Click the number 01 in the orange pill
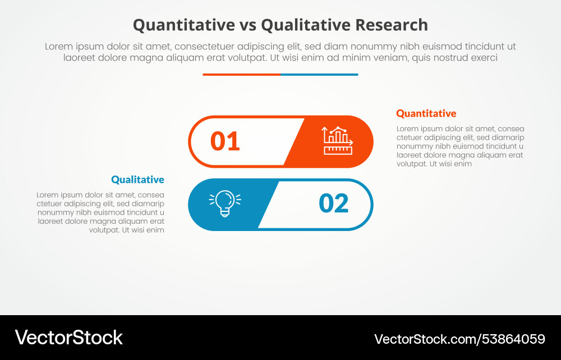(x=225, y=141)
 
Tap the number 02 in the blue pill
(x=333, y=204)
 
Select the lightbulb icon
(x=225, y=204)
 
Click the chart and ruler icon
(x=337, y=141)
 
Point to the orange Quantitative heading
(x=426, y=113)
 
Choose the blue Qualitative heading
(x=137, y=179)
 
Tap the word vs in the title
(x=248, y=25)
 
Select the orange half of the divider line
(x=241, y=74)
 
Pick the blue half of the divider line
(x=319, y=74)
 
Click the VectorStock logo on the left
(x=68, y=337)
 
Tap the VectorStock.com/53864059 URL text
(x=459, y=339)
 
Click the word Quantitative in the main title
(x=183, y=25)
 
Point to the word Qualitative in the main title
(x=299, y=25)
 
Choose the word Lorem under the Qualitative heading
(x=48, y=195)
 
